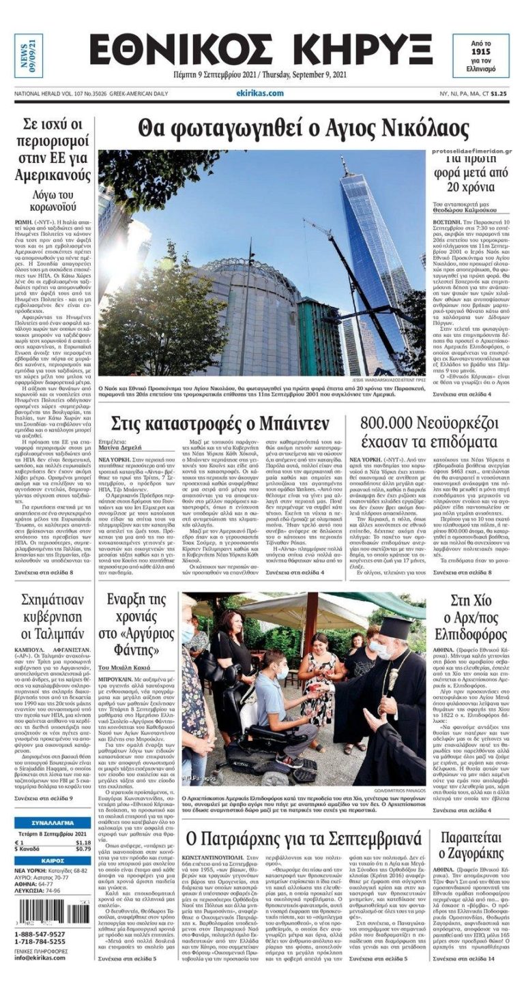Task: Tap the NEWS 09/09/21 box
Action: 28,56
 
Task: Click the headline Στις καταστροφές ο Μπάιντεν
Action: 220,423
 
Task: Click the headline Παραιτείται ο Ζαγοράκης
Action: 471,846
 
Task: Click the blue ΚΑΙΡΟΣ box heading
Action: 52,861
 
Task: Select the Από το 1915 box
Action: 481,56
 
